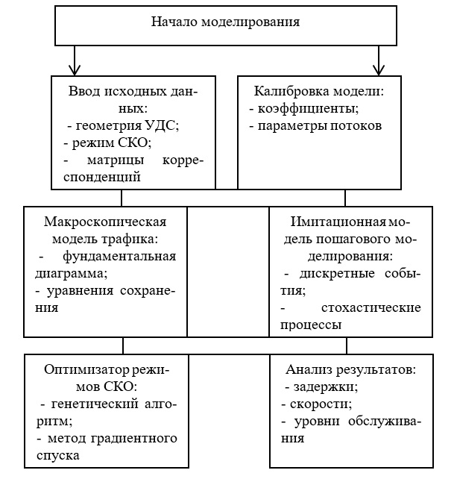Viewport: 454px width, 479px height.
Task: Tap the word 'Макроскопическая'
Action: coord(104,222)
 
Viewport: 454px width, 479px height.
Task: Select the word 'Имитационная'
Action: coord(332,222)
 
